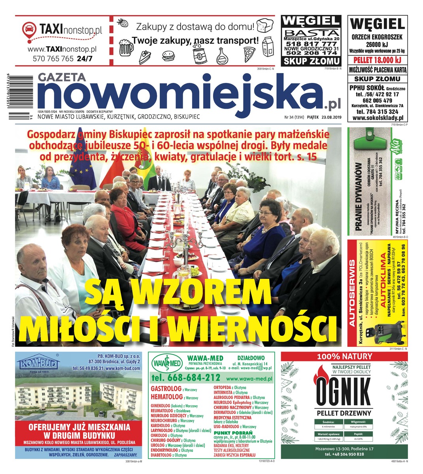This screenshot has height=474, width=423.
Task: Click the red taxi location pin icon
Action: click(x=28, y=30)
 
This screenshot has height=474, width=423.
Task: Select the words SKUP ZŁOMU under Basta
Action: click(x=311, y=61)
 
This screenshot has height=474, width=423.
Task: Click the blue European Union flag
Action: click(x=83, y=162)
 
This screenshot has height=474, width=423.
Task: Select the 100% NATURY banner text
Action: click(x=344, y=356)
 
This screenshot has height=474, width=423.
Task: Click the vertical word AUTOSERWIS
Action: click(x=353, y=292)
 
